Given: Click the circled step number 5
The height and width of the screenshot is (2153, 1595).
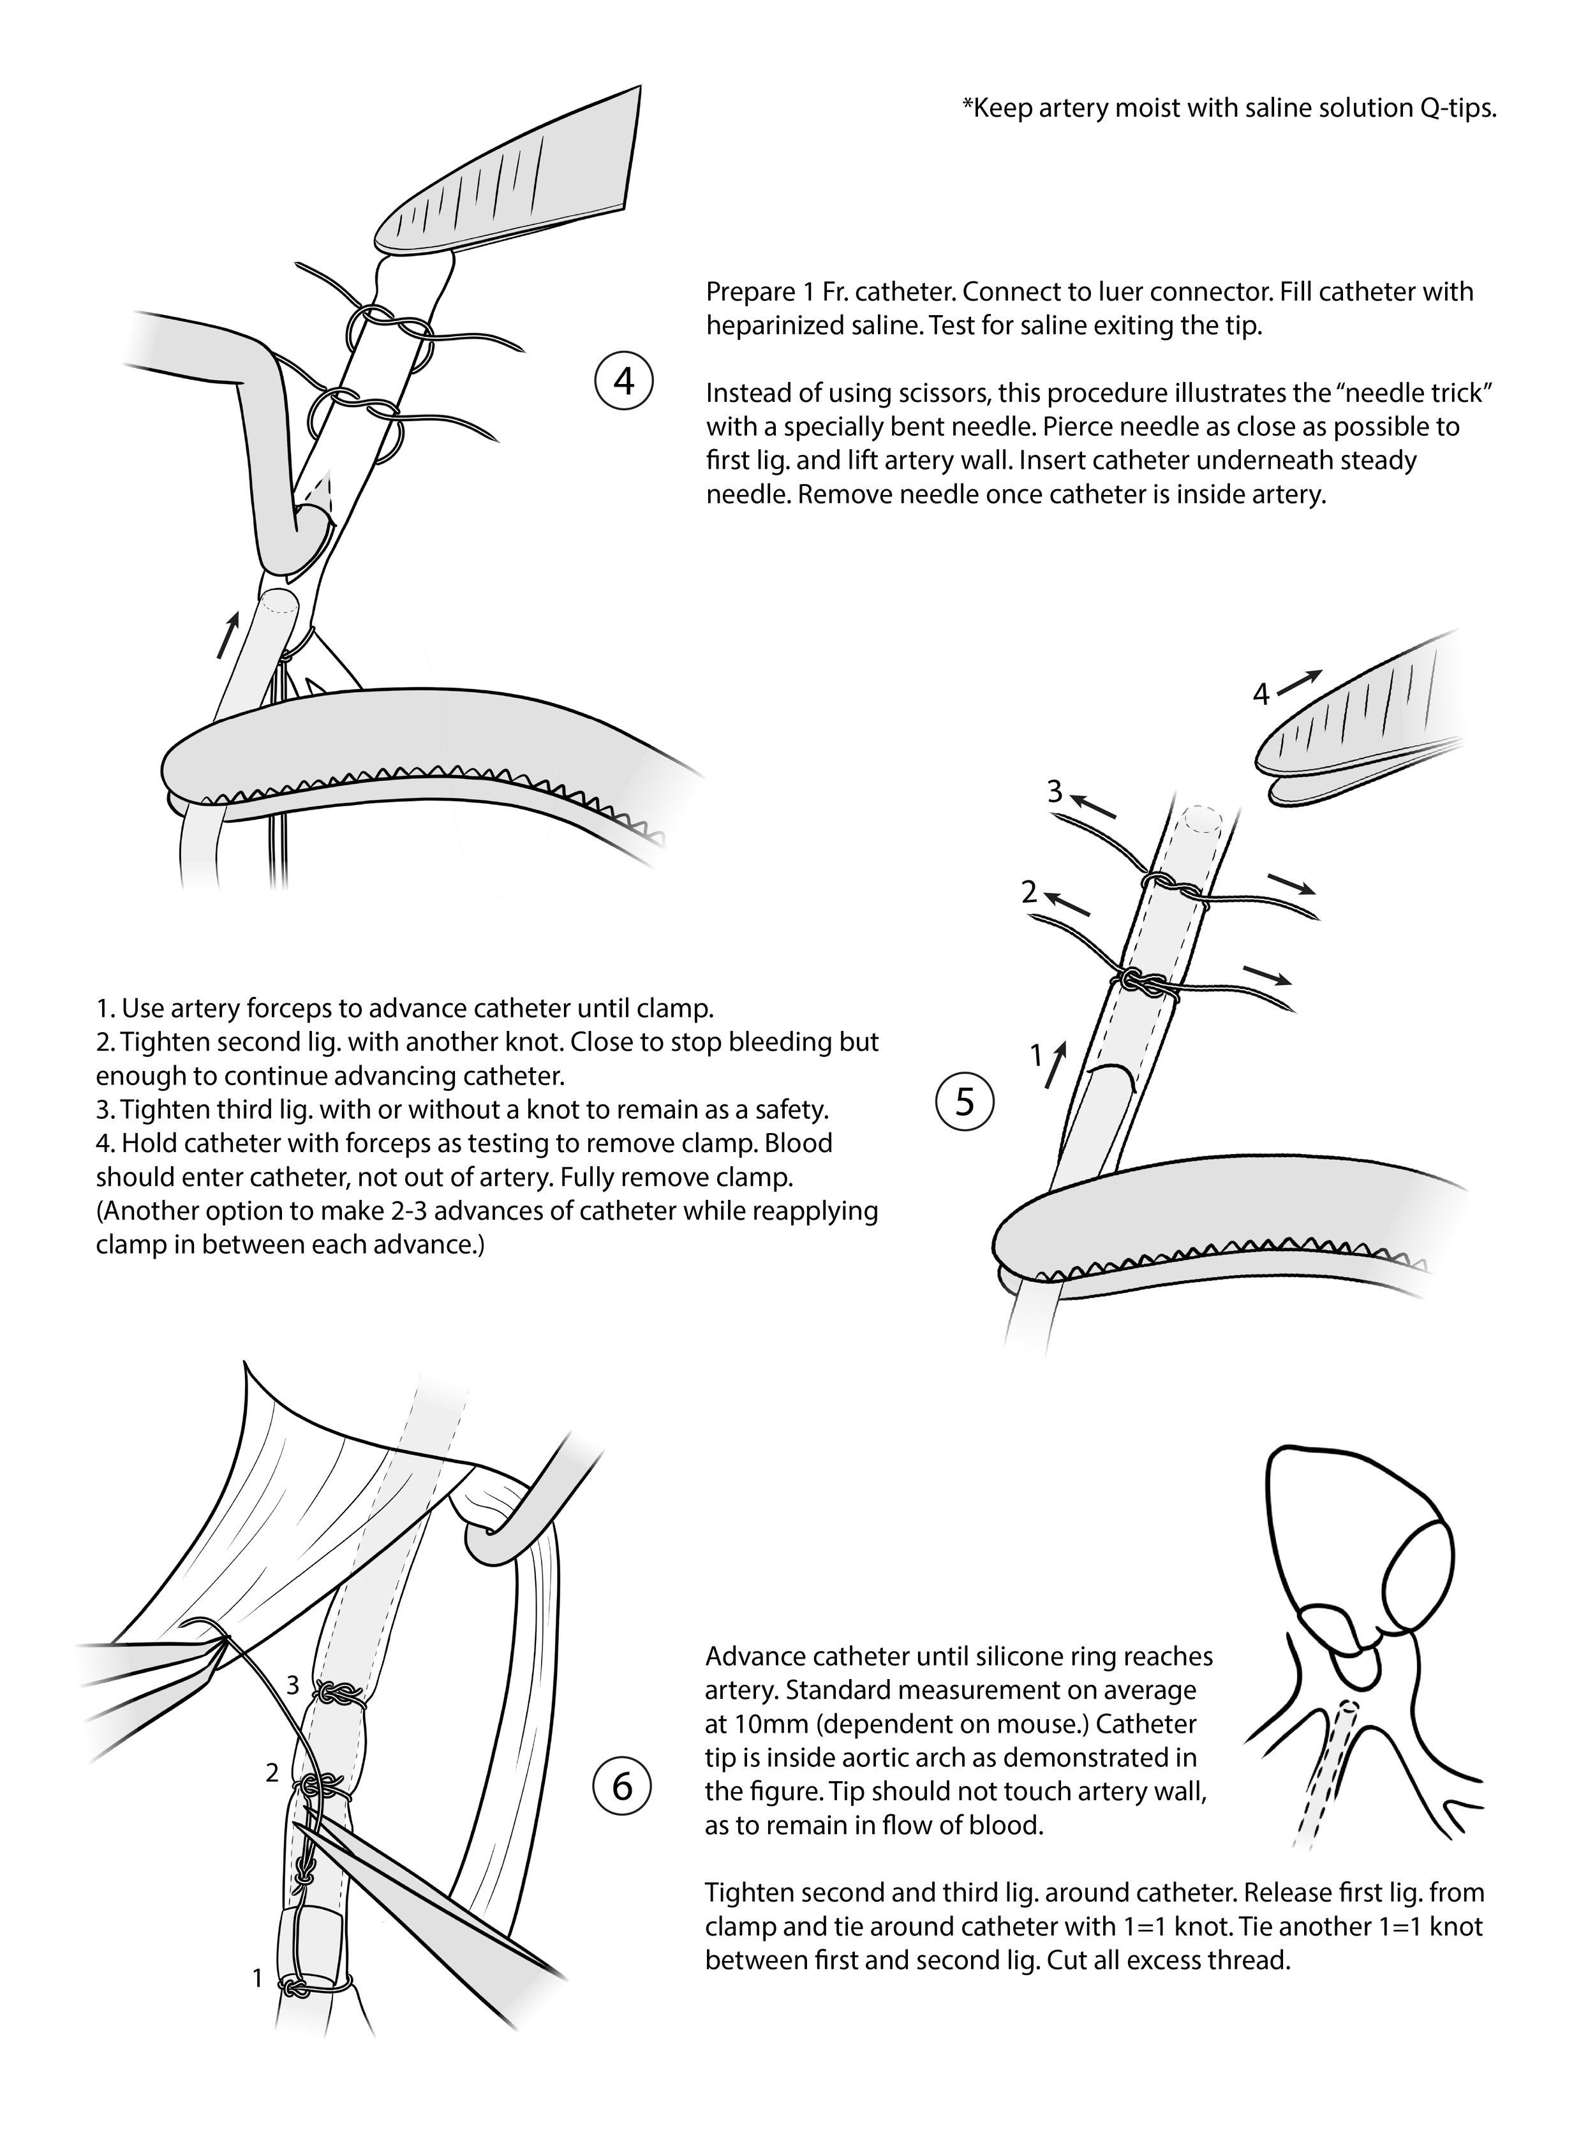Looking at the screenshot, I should point(965,1102).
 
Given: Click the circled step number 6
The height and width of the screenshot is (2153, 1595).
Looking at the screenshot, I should point(623,1786).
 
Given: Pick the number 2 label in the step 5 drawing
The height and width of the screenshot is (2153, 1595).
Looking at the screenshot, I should point(1029,892).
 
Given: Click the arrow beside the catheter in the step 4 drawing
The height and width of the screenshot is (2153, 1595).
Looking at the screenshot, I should point(228,633).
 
